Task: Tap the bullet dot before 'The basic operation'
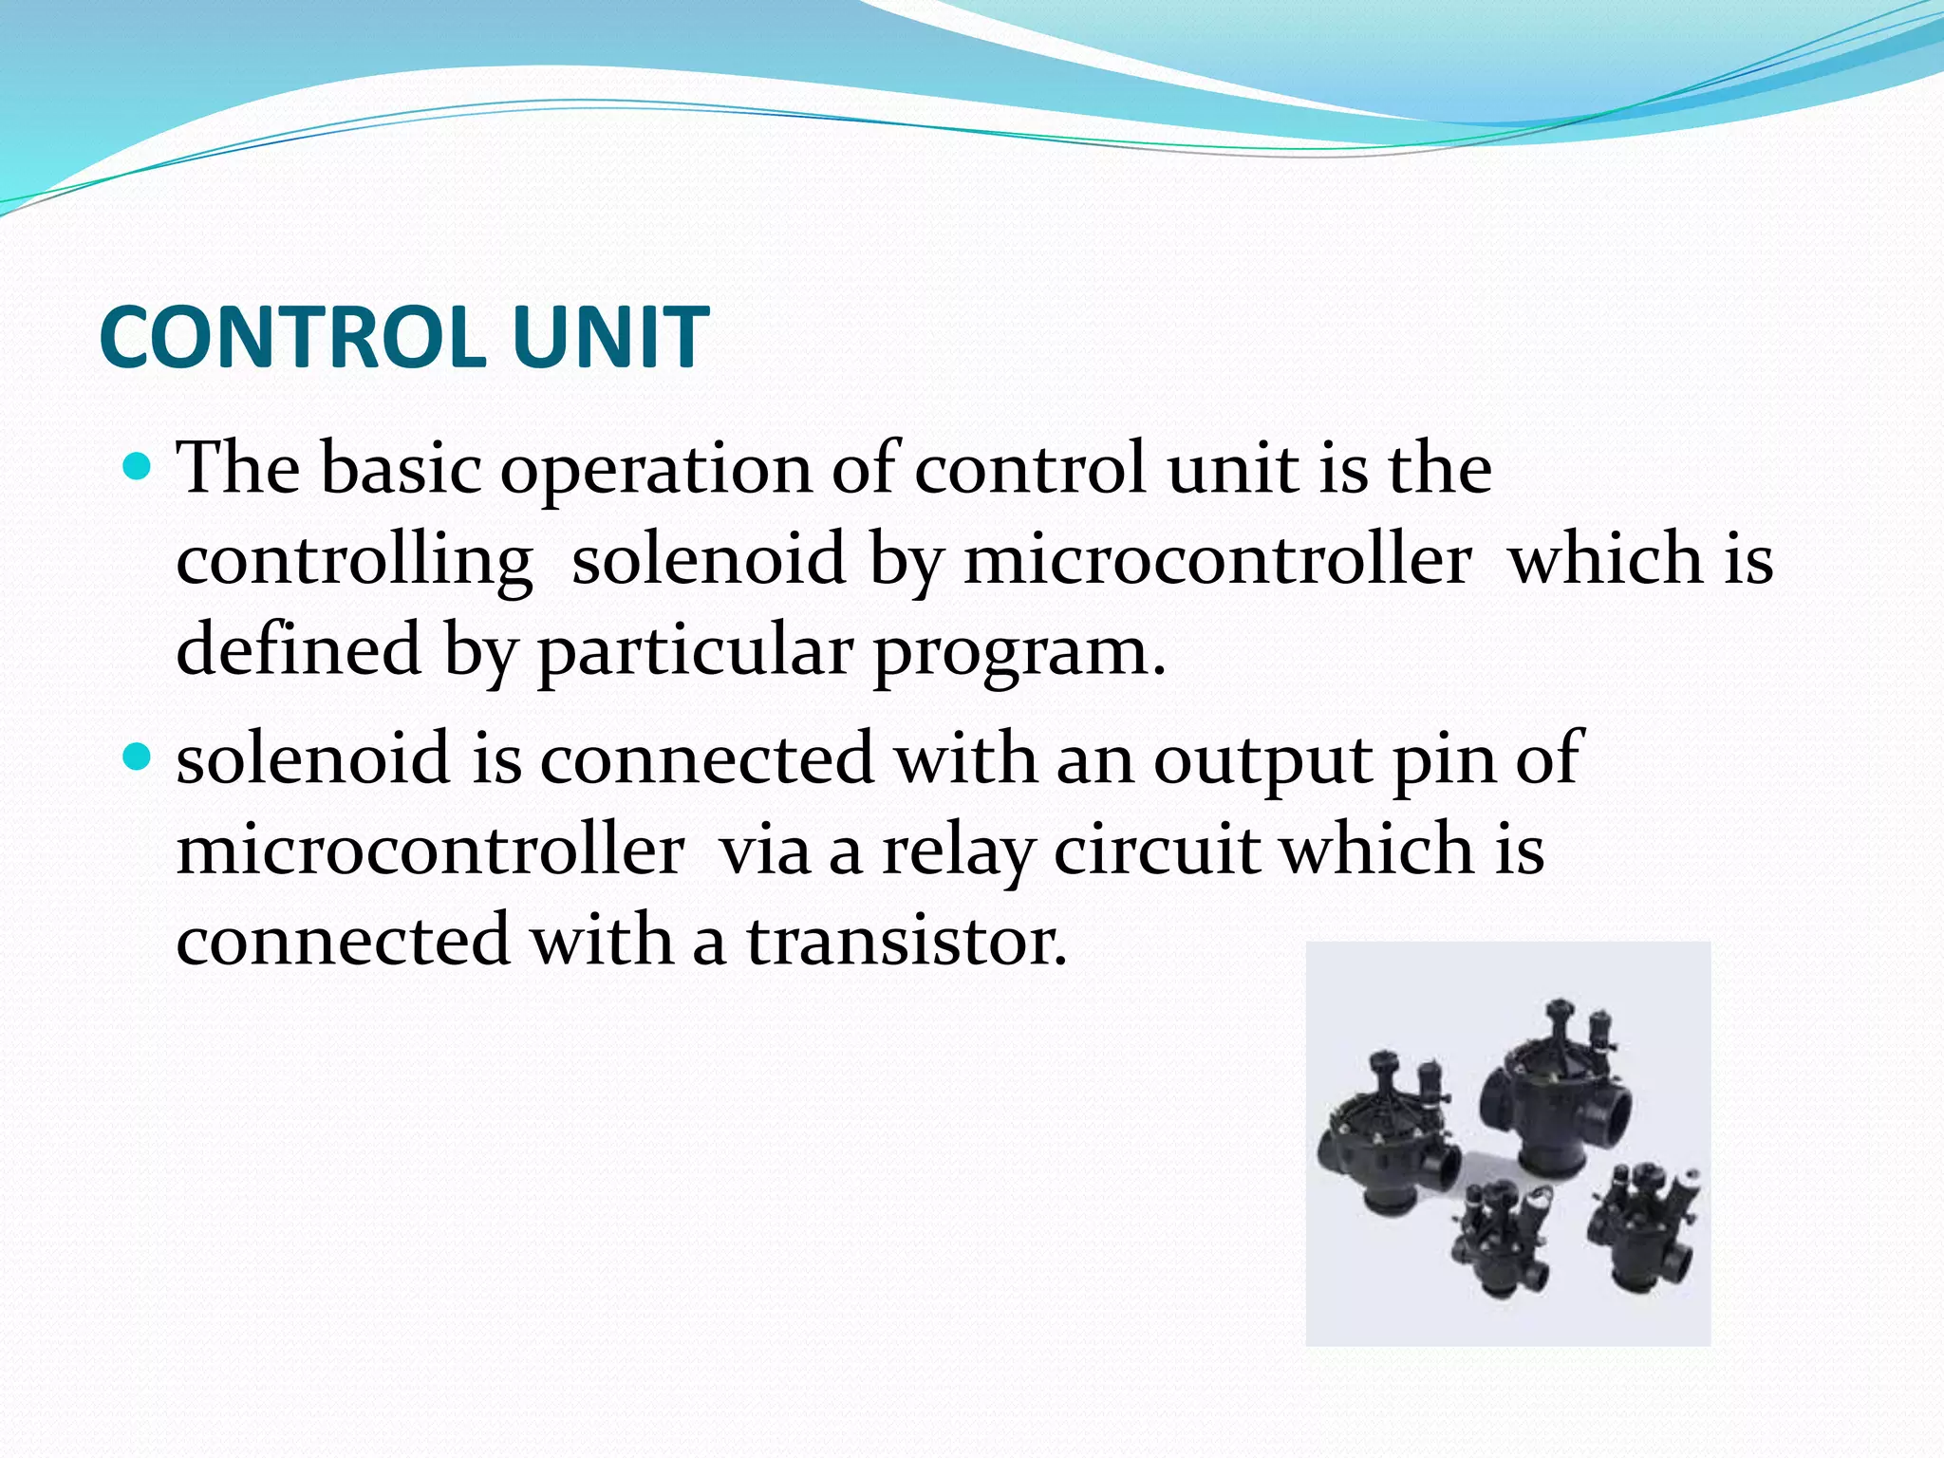[139, 467]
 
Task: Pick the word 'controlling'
[354, 560]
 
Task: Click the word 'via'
[765, 850]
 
